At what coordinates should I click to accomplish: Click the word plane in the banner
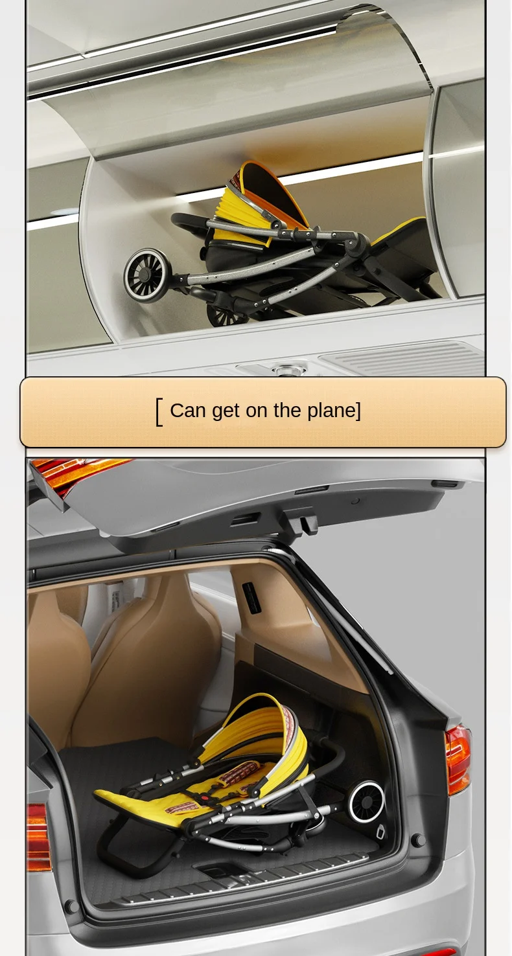pyautogui.click(x=331, y=411)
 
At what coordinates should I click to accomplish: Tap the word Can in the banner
pyautogui.click(x=188, y=411)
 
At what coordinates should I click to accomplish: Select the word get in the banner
pyautogui.click(x=226, y=411)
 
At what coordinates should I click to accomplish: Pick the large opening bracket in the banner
pyautogui.click(x=159, y=412)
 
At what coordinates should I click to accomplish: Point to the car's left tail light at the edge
pyautogui.click(x=38, y=837)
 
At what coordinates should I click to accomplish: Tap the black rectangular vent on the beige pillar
pyautogui.click(x=251, y=598)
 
